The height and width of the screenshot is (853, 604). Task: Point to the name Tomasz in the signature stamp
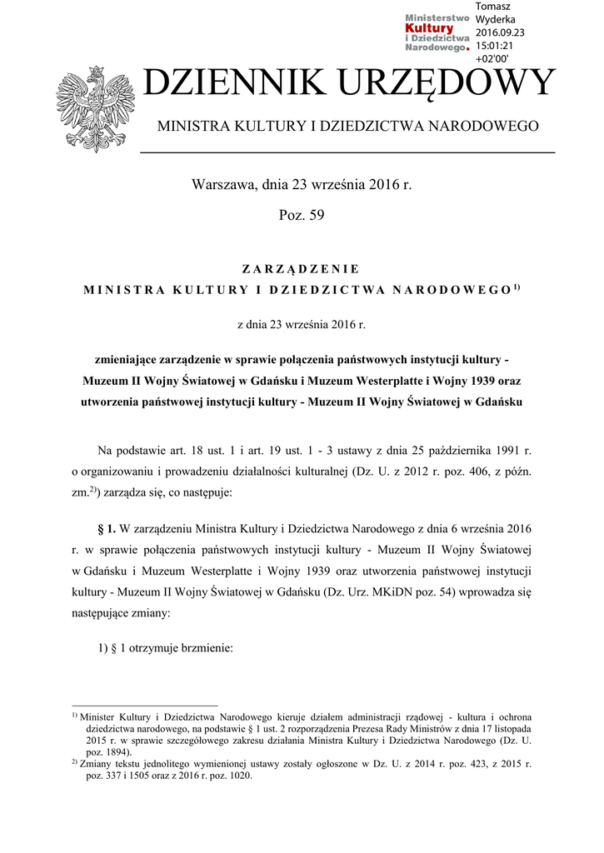(x=493, y=7)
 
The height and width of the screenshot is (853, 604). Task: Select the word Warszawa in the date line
(x=222, y=184)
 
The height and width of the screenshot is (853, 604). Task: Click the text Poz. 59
(x=301, y=216)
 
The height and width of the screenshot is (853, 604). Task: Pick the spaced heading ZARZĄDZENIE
(x=301, y=269)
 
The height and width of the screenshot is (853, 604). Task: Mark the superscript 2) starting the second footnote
(x=74, y=761)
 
